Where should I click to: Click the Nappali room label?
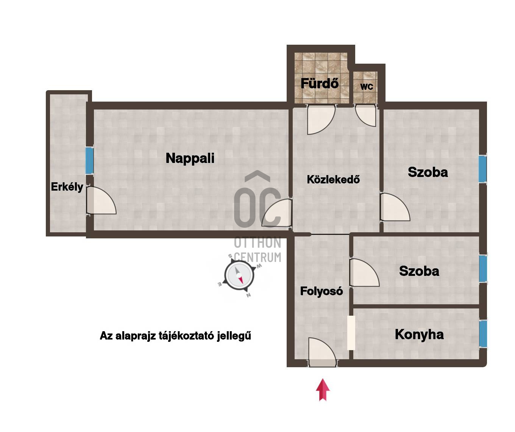tap(190, 158)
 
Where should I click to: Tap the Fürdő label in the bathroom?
tap(320, 83)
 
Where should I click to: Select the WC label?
tap(367, 87)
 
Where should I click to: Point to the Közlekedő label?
tap(333, 180)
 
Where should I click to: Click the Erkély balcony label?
tap(67, 187)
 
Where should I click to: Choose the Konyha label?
tap(419, 335)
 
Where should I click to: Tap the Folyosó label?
tap(321, 291)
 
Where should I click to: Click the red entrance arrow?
tap(323, 390)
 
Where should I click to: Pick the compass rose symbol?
tap(239, 275)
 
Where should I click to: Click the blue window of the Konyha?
tap(483, 333)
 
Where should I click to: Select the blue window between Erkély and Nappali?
tap(89, 160)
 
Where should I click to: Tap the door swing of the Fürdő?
tap(321, 120)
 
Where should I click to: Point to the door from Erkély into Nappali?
tap(101, 200)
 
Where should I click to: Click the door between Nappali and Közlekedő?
tap(277, 213)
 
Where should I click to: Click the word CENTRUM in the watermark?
tap(257, 257)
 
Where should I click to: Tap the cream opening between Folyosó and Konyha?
tap(351, 333)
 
